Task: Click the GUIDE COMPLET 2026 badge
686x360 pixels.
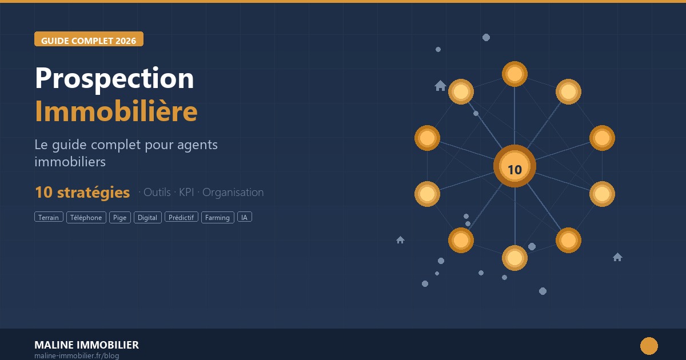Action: coord(89,39)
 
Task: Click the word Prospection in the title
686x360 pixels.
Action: coord(114,78)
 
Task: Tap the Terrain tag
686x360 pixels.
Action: coord(49,217)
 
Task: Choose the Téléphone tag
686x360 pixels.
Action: coord(86,217)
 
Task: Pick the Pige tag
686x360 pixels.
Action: coord(119,217)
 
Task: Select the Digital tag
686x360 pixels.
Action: coord(147,217)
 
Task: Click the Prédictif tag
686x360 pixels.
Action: coord(181,217)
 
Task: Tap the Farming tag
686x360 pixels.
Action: coord(217,217)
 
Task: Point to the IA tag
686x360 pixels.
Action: coord(245,217)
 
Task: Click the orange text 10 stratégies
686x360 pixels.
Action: coord(82,193)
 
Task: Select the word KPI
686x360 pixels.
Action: coord(186,192)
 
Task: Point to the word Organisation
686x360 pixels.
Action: coord(233,193)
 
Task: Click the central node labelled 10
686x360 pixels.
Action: coord(514,166)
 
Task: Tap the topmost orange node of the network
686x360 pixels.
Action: coord(514,74)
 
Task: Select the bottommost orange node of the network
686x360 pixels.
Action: coord(514,258)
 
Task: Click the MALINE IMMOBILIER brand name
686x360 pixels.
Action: coord(86,345)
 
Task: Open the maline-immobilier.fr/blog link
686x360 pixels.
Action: coord(77,355)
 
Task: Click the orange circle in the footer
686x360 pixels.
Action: coord(649,346)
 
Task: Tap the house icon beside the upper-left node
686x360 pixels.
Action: coord(440,86)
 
